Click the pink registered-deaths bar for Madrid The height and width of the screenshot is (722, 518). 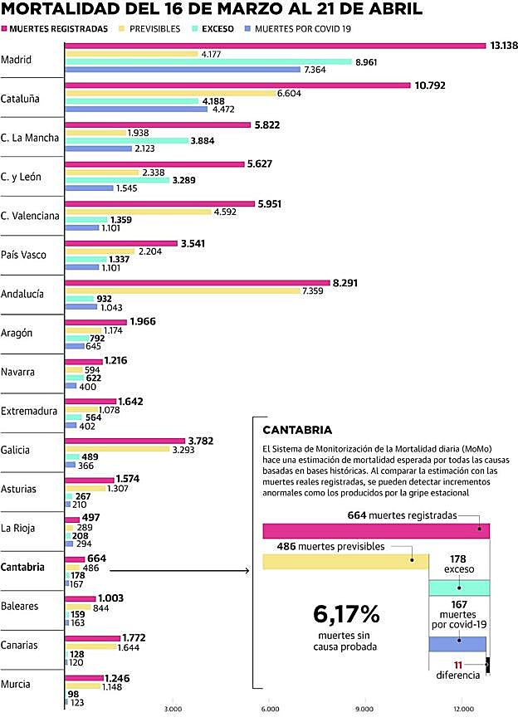(x=274, y=45)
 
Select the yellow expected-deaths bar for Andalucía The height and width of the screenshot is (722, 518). (x=183, y=290)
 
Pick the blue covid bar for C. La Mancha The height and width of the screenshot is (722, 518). (x=98, y=149)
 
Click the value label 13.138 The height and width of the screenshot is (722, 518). (x=504, y=45)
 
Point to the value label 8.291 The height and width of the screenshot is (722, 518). (x=348, y=283)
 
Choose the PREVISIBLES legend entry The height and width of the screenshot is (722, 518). (x=156, y=27)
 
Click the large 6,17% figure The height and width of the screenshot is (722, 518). (x=346, y=615)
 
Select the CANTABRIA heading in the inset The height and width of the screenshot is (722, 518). (x=297, y=430)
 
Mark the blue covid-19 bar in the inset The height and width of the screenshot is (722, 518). (x=457, y=644)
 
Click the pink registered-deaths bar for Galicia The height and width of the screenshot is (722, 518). (x=125, y=441)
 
